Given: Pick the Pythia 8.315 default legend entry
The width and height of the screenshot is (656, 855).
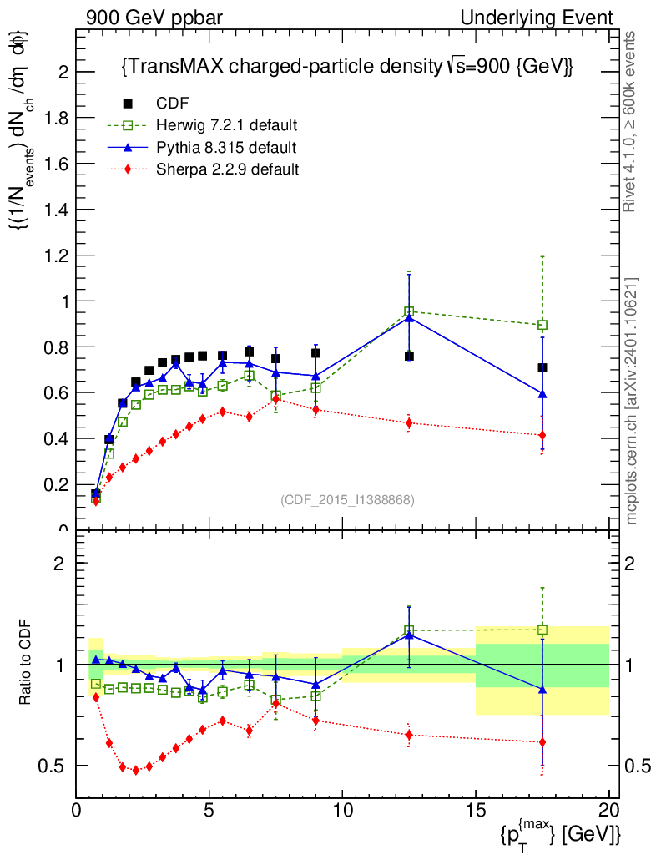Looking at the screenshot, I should coord(226,148).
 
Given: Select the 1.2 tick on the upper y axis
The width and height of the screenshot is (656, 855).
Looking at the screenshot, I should coord(58,255).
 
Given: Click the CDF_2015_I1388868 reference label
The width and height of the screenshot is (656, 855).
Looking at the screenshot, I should coord(347,499).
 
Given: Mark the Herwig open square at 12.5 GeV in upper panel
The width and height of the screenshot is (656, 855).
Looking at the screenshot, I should coord(409,311).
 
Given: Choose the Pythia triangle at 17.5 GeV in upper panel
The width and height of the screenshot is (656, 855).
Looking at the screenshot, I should coord(542,393).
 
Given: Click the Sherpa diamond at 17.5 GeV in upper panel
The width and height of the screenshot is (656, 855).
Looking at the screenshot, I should coord(542,435).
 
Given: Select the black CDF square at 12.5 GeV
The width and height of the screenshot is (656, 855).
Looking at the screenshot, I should coord(409,356).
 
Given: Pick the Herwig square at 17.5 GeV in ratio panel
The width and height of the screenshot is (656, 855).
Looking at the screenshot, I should coord(542,630).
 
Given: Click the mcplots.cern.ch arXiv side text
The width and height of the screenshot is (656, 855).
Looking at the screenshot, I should coord(632,401).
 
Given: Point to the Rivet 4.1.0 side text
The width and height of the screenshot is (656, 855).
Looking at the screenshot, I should coord(632,121).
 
